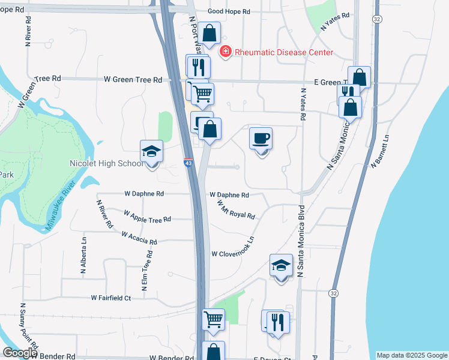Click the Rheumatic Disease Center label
tap(283, 52)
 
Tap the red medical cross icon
tap(226, 52)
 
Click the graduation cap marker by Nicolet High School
tap(152, 151)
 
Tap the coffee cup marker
tap(261, 139)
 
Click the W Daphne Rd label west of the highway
tap(144, 194)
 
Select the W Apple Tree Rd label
tap(147, 216)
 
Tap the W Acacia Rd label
tap(139, 238)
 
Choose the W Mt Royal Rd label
tap(236, 209)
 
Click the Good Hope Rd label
tap(229, 11)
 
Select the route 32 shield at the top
tap(376, 19)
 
